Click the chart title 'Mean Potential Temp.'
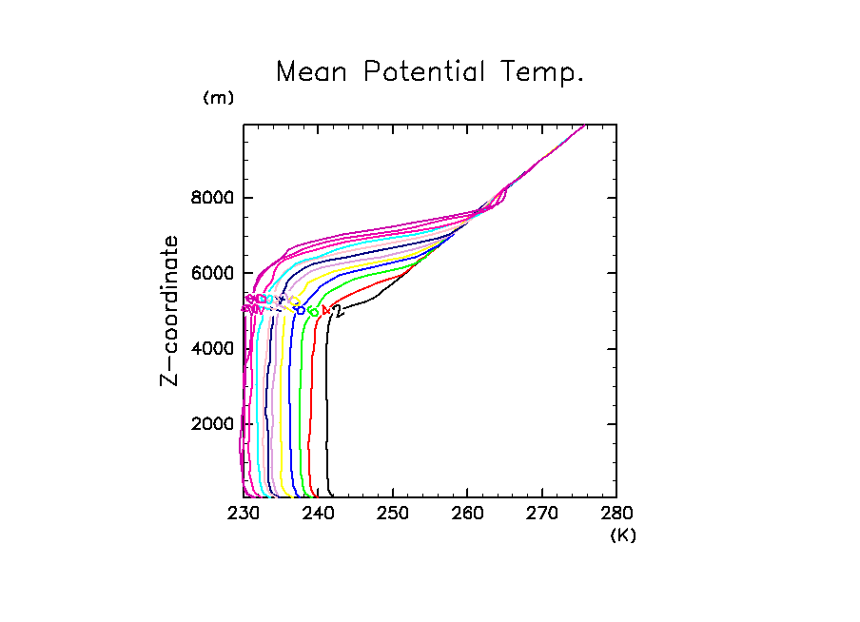[429, 71]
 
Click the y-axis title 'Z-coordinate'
[170, 310]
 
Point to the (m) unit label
[218, 98]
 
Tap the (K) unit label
[622, 535]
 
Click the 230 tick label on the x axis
[244, 515]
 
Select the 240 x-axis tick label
[318, 515]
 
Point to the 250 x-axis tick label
[392, 515]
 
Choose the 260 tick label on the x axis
[467, 515]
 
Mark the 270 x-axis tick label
[541, 515]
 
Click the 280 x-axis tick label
[616, 515]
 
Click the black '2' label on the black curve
[338, 311]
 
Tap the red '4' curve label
[326, 310]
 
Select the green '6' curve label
[313, 311]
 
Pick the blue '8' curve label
[301, 310]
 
